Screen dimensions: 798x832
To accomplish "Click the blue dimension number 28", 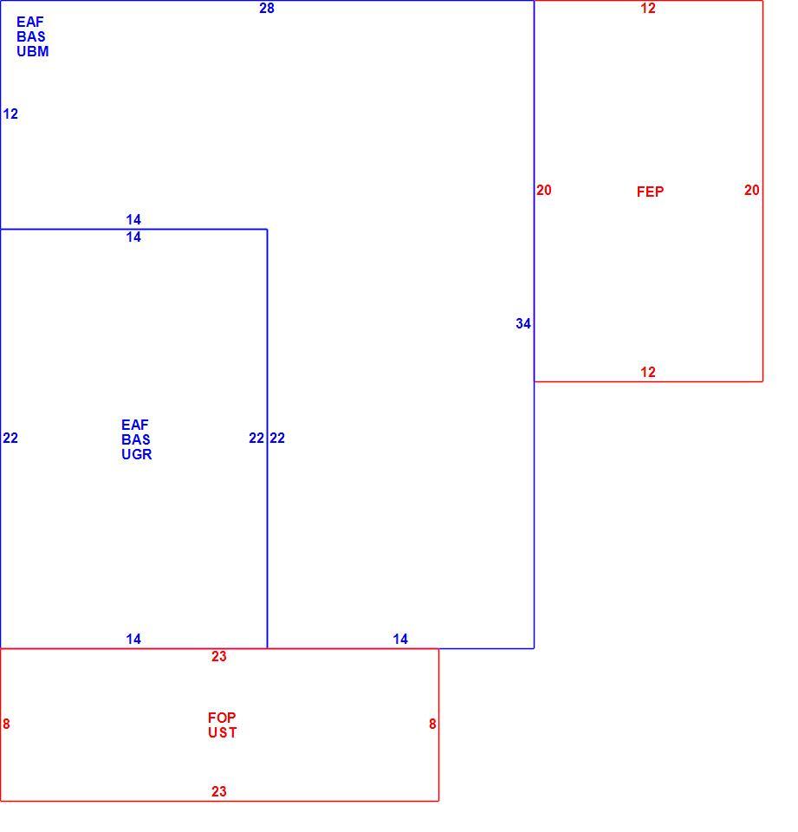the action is (x=266, y=8).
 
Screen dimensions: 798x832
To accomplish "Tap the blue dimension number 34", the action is (x=522, y=323).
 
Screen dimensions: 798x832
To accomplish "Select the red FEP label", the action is (x=650, y=192).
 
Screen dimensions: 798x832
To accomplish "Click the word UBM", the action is (x=32, y=51).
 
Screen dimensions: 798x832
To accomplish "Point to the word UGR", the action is (x=136, y=454).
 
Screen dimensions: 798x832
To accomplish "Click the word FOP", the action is (x=222, y=718).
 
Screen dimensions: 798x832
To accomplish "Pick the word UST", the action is (x=223, y=733).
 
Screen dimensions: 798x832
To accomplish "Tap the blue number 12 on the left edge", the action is (x=10, y=114).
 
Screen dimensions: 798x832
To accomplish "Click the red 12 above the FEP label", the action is (x=647, y=8).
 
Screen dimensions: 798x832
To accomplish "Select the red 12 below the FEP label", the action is (x=647, y=372).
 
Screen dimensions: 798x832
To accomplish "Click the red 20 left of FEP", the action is (x=543, y=190).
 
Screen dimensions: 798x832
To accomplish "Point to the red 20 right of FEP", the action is (x=751, y=190).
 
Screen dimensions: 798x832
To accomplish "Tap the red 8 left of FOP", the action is (x=6, y=724).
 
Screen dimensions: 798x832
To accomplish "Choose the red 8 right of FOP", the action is (x=432, y=724).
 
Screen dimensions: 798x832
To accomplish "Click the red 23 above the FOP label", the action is (x=218, y=656).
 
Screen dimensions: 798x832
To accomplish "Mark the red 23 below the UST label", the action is (x=218, y=791).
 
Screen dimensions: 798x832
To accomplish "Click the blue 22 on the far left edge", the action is (x=10, y=438).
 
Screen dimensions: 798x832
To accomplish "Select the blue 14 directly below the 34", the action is (x=400, y=639).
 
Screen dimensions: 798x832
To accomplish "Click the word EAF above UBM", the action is (x=29, y=22).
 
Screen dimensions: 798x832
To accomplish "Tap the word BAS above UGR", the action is (x=136, y=439).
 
